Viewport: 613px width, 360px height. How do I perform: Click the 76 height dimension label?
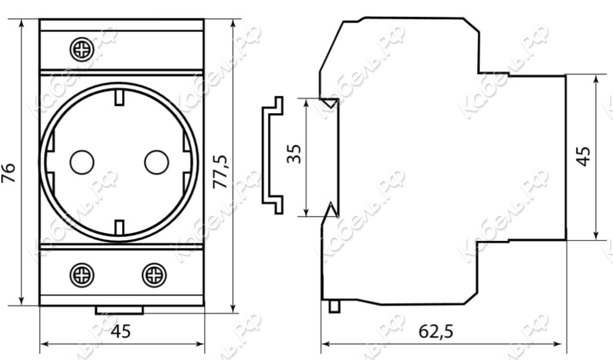click(8, 173)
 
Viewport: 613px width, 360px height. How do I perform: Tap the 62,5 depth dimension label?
click(436, 331)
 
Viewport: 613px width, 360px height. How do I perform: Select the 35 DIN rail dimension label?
click(294, 154)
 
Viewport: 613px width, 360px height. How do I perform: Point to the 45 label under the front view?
click(121, 331)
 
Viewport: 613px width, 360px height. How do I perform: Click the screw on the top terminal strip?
click(81, 49)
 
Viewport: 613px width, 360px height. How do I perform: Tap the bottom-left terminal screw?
click(81, 275)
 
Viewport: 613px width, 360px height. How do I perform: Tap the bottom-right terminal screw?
click(154, 275)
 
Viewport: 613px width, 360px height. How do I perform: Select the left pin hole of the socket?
click(81, 162)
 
